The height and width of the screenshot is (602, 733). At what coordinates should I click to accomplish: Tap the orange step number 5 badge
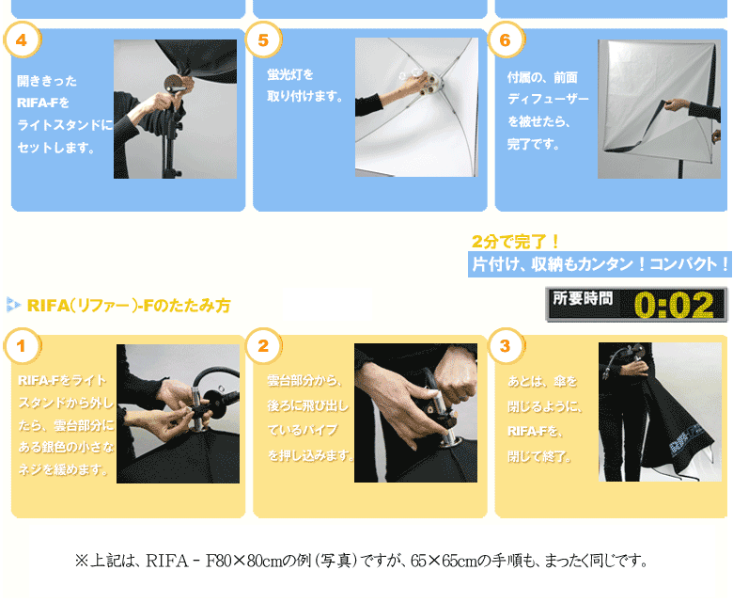(263, 40)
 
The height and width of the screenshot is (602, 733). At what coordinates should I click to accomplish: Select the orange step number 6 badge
(506, 40)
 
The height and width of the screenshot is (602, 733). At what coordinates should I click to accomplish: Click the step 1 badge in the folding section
(22, 345)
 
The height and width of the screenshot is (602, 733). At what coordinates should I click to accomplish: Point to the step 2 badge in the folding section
(263, 345)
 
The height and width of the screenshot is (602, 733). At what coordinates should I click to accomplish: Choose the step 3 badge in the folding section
(506, 345)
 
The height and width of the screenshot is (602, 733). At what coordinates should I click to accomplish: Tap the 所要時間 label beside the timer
(583, 299)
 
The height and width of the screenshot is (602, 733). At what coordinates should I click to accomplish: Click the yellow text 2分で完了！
(516, 241)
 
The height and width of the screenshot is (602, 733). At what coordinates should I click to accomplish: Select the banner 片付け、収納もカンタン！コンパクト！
(600, 264)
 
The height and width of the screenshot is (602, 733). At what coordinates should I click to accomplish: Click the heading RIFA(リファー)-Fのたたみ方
(128, 306)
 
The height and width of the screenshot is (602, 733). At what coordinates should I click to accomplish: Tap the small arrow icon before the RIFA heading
(13, 304)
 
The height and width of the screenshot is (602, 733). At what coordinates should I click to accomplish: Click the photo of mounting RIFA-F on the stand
(175, 109)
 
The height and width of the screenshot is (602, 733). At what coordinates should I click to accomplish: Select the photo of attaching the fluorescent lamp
(416, 107)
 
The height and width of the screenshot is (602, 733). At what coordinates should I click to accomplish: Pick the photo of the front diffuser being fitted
(659, 109)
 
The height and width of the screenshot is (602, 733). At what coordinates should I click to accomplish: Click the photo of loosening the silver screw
(178, 414)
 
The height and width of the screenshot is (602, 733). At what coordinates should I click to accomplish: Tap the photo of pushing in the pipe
(416, 413)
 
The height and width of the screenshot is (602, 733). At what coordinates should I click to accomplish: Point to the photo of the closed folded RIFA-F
(660, 412)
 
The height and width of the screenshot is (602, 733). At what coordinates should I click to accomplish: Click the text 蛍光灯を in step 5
(290, 73)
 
